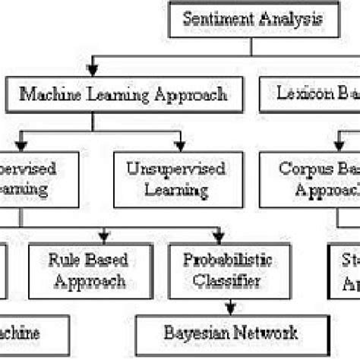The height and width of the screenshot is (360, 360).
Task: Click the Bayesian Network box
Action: tap(232, 333)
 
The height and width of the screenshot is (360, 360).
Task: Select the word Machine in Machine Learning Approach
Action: tap(46, 96)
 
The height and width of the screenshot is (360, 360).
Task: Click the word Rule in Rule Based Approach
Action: tap(61, 261)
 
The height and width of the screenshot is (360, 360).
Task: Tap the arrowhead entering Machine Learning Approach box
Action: tap(92, 71)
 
